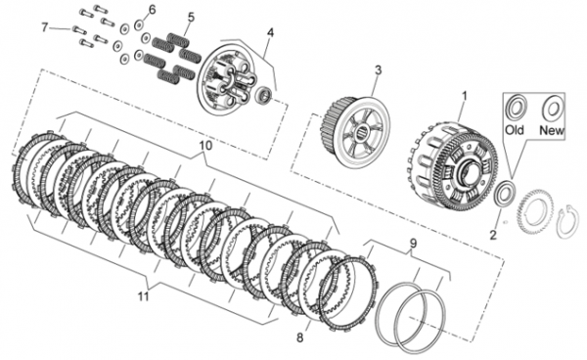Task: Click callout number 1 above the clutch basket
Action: [464, 96]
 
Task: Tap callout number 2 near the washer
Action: [493, 235]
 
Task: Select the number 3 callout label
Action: [379, 70]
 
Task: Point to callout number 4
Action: [270, 32]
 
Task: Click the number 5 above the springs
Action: [192, 17]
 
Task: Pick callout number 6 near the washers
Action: [152, 10]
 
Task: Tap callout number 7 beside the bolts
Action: [45, 27]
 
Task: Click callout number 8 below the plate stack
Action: [300, 337]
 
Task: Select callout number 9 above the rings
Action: [413, 244]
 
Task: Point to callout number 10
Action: [205, 145]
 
